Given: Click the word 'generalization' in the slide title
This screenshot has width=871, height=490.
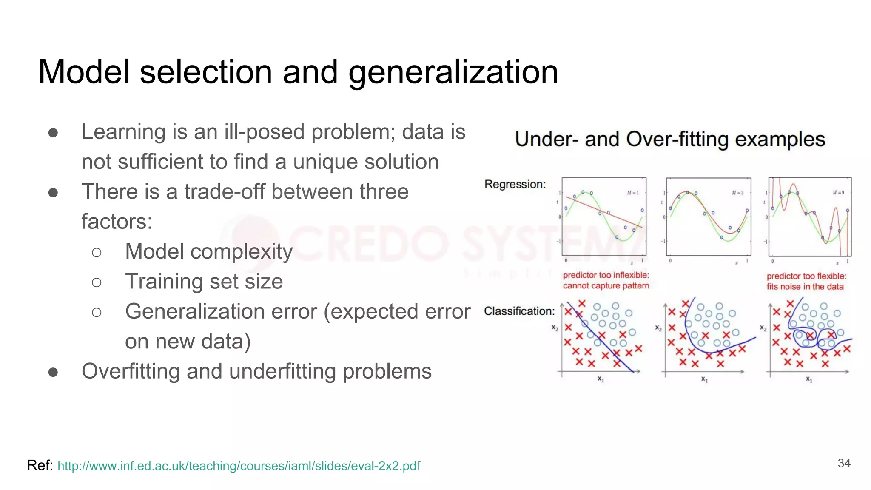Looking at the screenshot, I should (453, 72).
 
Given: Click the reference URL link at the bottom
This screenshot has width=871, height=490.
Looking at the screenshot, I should (239, 466).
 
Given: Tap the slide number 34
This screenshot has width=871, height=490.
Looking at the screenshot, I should (844, 463).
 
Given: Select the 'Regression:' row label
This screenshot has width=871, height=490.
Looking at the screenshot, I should (515, 184).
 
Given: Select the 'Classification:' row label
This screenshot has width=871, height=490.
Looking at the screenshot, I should (519, 311).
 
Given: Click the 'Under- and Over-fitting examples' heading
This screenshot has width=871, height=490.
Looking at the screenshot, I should (670, 140).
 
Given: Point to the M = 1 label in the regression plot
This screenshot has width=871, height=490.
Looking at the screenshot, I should (632, 193).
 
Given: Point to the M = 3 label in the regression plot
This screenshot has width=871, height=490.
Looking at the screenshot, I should (737, 193).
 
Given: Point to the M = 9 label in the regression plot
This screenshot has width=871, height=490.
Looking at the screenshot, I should (838, 193).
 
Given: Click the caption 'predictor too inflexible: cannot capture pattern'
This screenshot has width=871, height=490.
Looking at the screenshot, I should (606, 280).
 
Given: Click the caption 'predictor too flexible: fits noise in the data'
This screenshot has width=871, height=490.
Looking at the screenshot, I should (806, 281).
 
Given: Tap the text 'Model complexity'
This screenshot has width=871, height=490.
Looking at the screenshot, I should (209, 251).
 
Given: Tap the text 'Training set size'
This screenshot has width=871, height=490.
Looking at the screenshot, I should (204, 282).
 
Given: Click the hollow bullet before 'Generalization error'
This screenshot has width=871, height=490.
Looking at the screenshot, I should (97, 313).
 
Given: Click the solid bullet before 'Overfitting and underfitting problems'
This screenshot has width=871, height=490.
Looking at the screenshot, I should (53, 372).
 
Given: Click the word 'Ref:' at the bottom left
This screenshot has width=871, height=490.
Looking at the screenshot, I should (40, 465).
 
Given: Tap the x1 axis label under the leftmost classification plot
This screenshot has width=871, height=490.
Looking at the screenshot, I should (601, 379).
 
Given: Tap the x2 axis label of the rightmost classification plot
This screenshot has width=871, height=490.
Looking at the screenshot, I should (763, 328).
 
